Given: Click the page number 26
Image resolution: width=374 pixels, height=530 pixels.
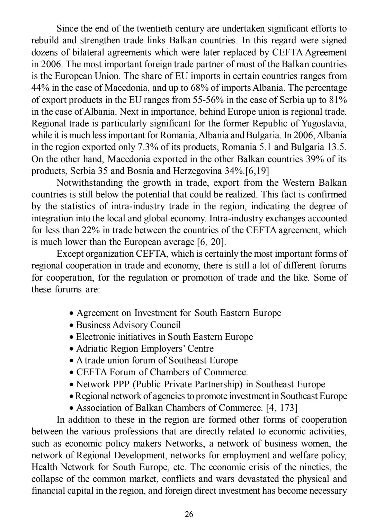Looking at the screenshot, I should click(x=189, y=514).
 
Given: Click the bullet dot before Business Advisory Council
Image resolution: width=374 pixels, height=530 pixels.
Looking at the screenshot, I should click(x=71, y=326).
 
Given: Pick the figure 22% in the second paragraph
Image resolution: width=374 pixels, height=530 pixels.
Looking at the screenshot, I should click(x=90, y=230).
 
